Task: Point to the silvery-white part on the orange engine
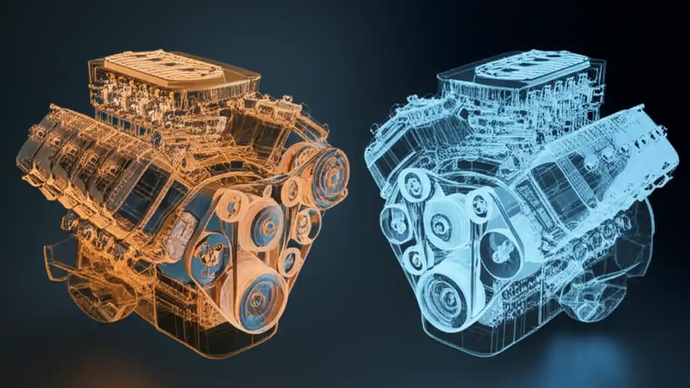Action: pyautogui.click(x=181, y=235)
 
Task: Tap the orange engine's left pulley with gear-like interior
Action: pyautogui.click(x=210, y=257)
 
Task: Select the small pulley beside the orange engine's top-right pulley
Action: pyautogui.click(x=292, y=189)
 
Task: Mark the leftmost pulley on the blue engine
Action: pyautogui.click(x=396, y=225)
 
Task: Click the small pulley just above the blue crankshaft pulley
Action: pyautogui.click(x=415, y=259)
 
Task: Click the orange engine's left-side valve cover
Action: pyautogui.click(x=86, y=162)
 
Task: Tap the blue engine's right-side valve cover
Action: pyautogui.click(x=604, y=162)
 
